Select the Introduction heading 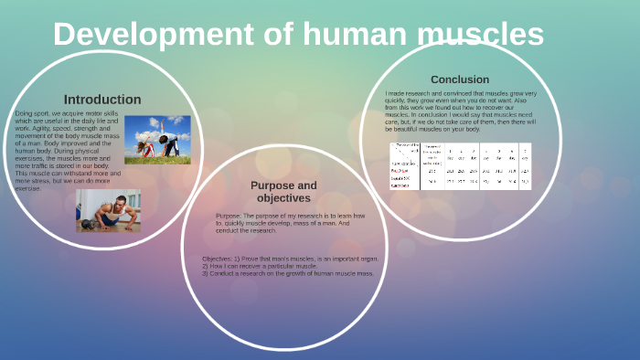point(102,100)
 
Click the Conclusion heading point(460,79)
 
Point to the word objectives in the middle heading point(283,198)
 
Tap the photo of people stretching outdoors point(157,139)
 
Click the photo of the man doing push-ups point(108,211)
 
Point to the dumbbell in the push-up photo point(89,223)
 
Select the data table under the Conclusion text point(460,165)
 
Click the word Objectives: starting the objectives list point(218,259)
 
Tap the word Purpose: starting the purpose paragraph point(229,216)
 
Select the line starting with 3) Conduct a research point(288,273)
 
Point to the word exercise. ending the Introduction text point(28,188)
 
